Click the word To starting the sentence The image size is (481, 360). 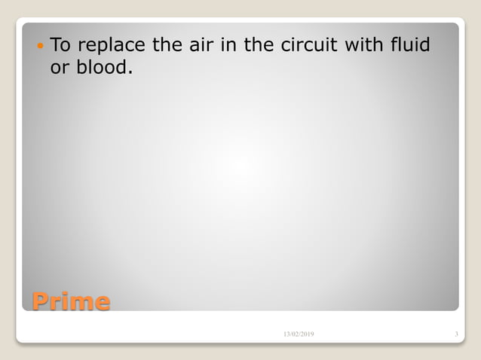tap(60, 46)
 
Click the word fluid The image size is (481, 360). tap(412, 46)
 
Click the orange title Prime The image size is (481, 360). tap(70, 302)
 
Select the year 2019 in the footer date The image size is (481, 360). tap(309, 334)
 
